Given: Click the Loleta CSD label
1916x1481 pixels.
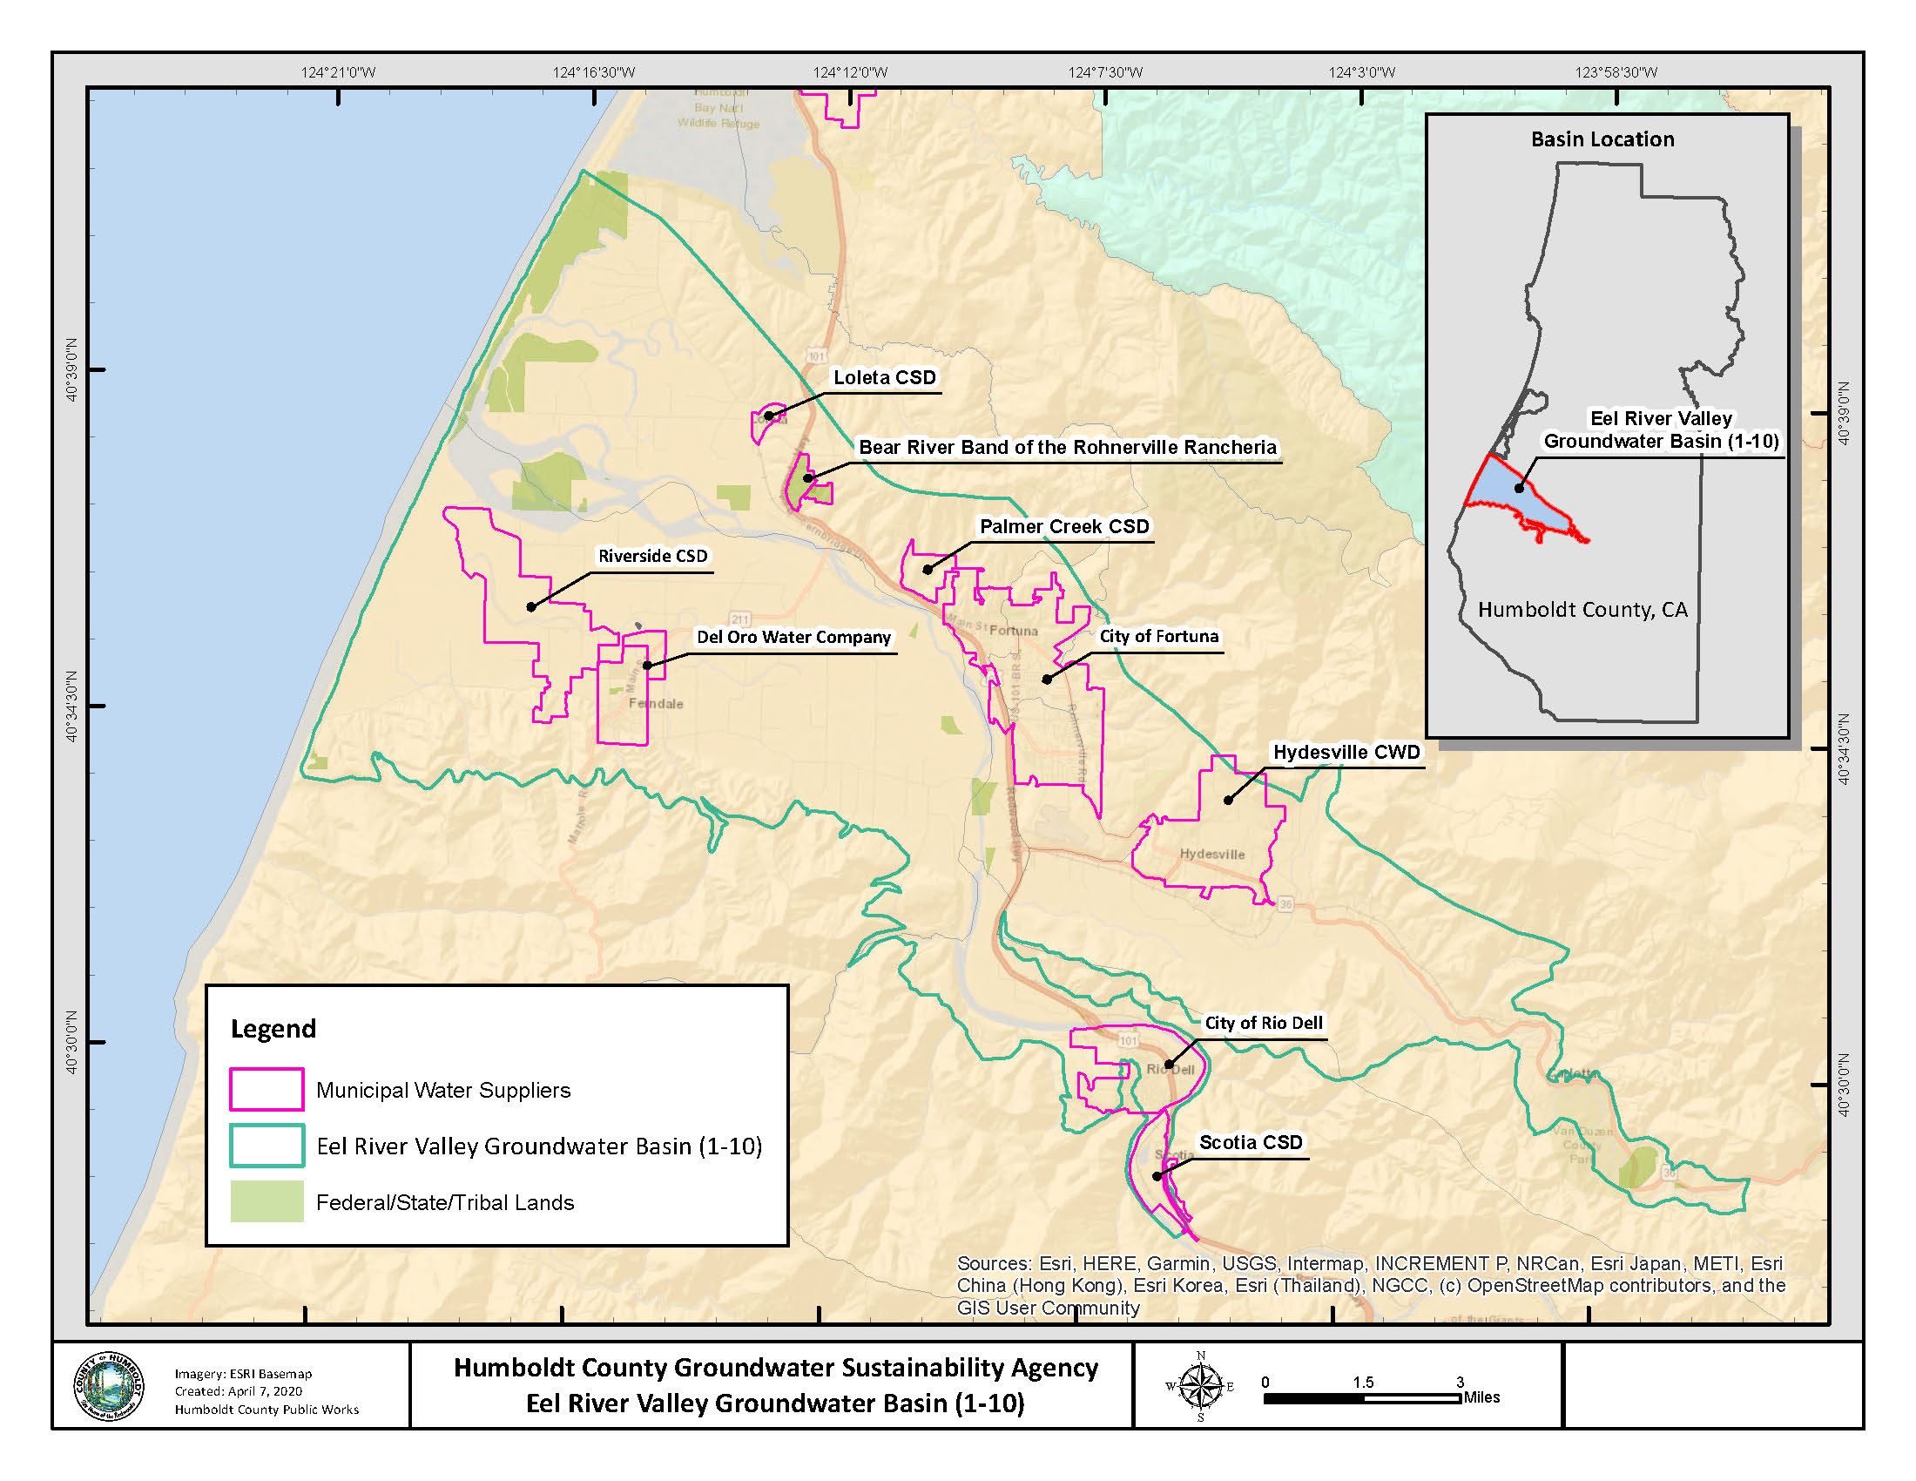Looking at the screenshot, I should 884,378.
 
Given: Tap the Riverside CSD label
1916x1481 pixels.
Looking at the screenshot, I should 652,557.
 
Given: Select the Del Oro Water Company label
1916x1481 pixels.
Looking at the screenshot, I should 793,638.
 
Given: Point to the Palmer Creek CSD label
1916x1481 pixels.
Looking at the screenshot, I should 1064,526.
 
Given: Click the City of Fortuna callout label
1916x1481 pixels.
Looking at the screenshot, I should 1159,637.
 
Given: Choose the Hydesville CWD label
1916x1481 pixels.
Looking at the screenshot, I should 1346,753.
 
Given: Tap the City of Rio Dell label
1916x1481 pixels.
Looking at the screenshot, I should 1264,1023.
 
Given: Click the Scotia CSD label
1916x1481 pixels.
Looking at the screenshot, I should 1251,1142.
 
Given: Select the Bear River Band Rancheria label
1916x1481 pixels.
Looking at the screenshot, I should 1067,448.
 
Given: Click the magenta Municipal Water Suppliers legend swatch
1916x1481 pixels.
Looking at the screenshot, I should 266,1090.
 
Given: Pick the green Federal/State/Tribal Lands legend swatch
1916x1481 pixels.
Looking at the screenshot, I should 266,1202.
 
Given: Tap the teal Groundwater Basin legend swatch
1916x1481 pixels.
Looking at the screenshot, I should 266,1146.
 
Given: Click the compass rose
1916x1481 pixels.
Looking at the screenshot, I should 1201,1387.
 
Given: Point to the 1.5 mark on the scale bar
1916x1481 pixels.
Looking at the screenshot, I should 1362,1383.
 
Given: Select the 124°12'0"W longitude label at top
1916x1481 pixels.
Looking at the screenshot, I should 849,73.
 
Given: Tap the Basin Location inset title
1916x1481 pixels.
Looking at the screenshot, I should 1602,139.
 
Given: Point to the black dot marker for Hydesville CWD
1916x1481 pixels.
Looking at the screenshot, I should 1228,800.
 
